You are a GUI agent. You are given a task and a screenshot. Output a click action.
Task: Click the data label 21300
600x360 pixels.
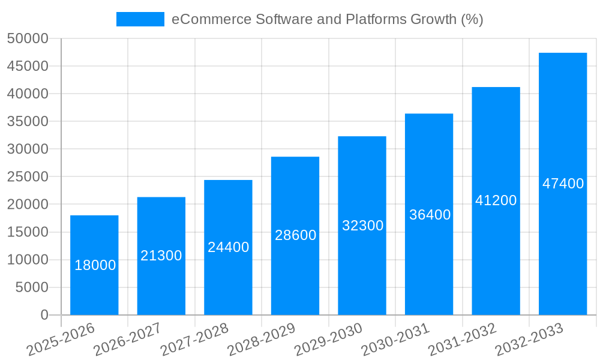point(161,256)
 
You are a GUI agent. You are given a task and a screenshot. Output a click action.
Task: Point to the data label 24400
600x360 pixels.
point(228,247)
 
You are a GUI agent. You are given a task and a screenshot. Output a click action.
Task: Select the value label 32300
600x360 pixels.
point(362,226)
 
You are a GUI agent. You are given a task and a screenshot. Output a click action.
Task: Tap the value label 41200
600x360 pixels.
point(496,200)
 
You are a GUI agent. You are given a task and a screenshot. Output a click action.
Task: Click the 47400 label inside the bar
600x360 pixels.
point(563,184)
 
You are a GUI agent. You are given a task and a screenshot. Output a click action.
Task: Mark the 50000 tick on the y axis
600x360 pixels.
point(27,38)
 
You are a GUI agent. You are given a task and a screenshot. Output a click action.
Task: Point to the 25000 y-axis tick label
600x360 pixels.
point(27,177)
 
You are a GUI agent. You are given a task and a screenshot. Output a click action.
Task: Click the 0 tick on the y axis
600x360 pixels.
point(44,315)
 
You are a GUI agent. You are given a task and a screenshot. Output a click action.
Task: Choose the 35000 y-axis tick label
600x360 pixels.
point(27,121)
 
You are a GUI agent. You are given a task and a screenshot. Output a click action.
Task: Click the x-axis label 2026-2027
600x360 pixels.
point(128,340)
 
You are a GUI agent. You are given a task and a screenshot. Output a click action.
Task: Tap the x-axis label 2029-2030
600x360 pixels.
point(329,340)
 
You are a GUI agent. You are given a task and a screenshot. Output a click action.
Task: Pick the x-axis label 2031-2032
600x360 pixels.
point(463,340)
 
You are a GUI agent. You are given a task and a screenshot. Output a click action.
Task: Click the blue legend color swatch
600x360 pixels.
point(140,19)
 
